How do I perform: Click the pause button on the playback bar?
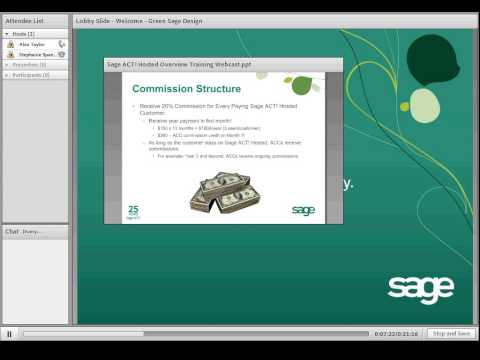(x=10, y=333)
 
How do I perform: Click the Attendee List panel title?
(x=24, y=20)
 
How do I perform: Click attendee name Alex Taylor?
(x=32, y=44)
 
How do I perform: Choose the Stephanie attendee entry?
(x=35, y=54)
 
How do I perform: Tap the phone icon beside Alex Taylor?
(x=62, y=44)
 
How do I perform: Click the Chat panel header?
(x=12, y=231)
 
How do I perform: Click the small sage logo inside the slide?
(x=303, y=211)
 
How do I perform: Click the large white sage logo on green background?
(x=420, y=287)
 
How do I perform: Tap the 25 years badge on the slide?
(x=134, y=211)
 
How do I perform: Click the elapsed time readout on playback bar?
(x=396, y=333)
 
